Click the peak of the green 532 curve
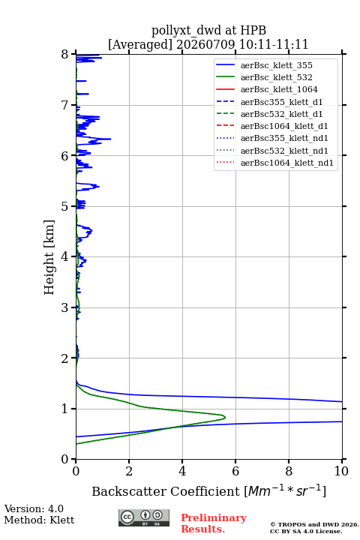click(x=225, y=418)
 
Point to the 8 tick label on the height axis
click(x=65, y=55)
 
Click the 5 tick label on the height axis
click(x=65, y=207)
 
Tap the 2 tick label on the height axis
click(x=65, y=358)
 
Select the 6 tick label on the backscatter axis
click(x=235, y=471)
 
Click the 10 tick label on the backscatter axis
click(x=341, y=471)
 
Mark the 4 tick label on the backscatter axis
click(x=182, y=471)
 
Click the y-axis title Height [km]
click(x=49, y=257)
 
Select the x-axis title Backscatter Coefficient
click(x=165, y=491)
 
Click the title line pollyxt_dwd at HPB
click(x=208, y=30)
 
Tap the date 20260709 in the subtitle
click(x=205, y=44)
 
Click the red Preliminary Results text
click(x=214, y=523)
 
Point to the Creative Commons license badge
click(x=144, y=518)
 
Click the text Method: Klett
click(x=39, y=520)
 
